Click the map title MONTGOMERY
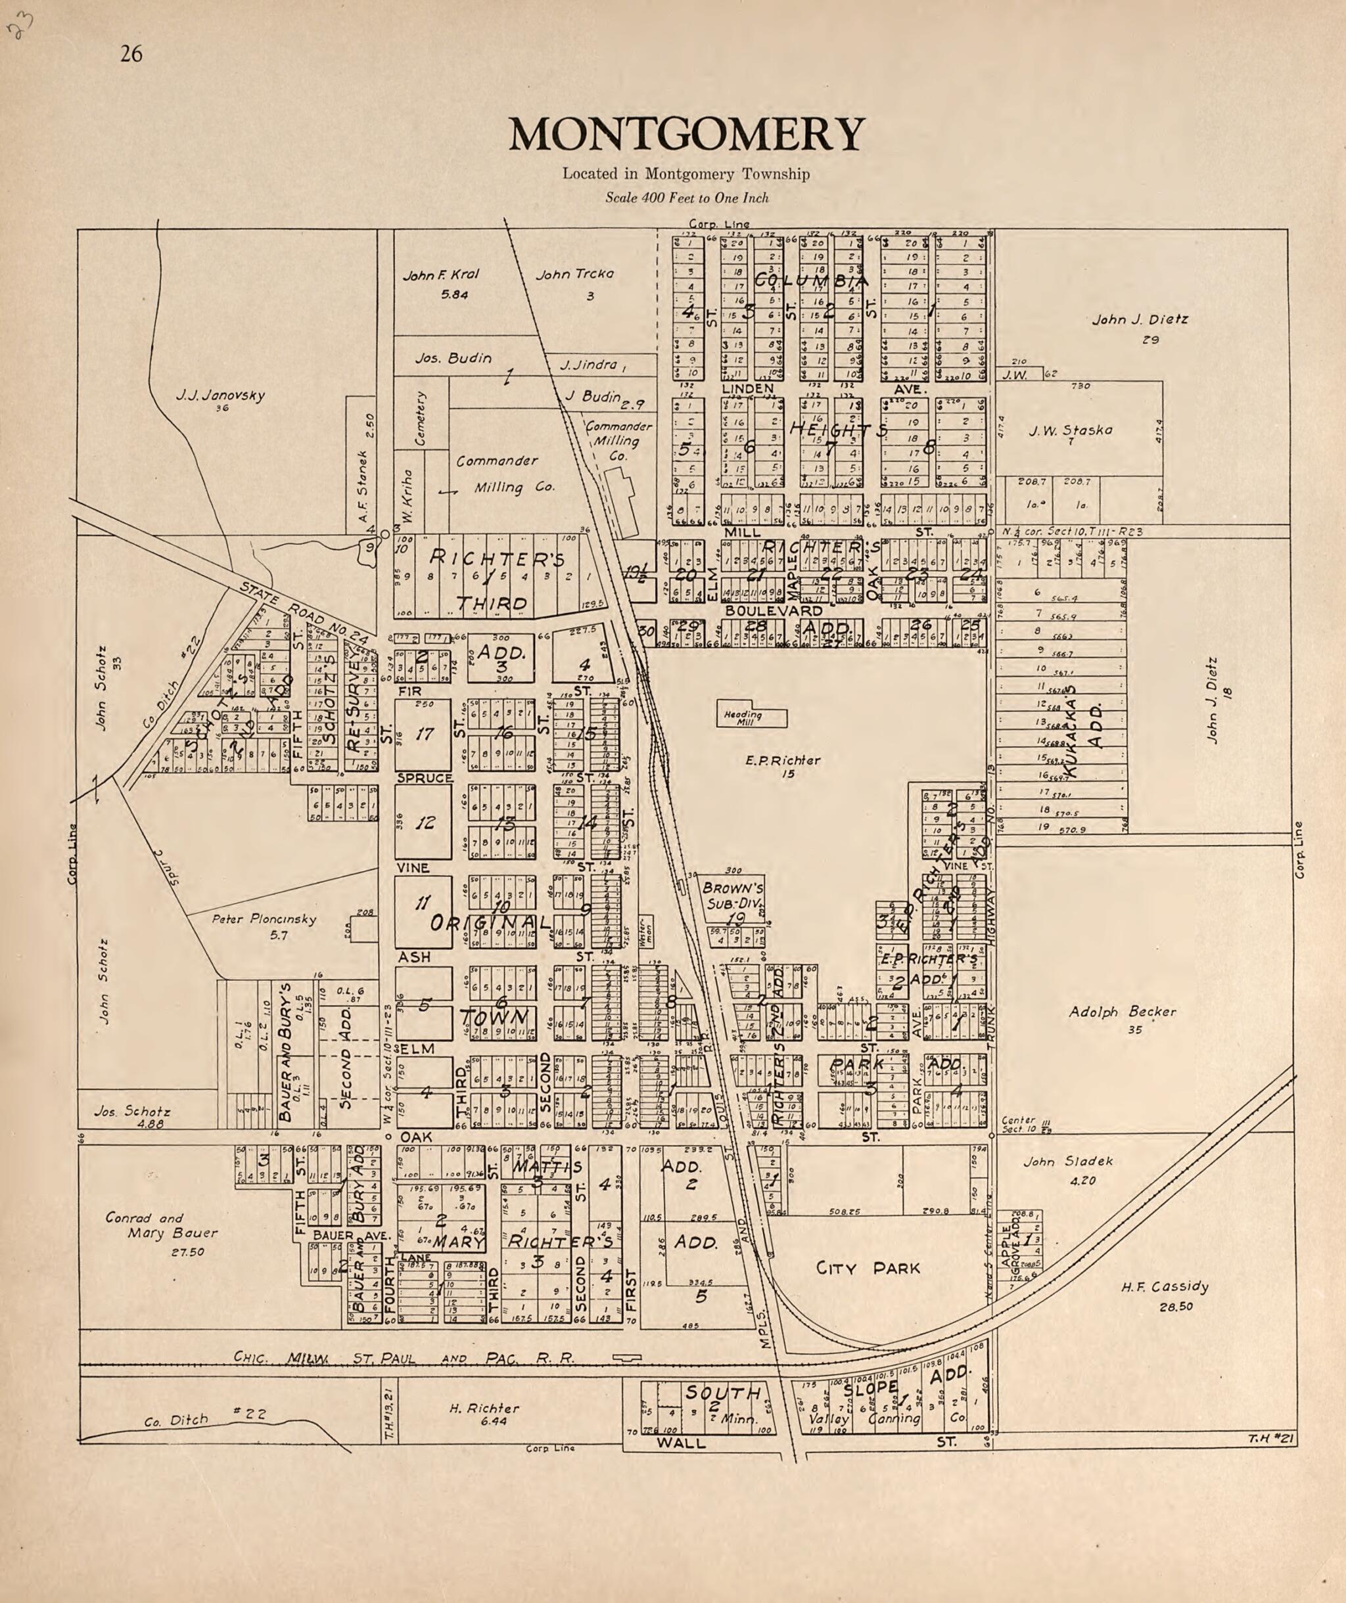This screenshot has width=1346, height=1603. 686,135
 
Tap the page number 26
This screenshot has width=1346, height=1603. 131,54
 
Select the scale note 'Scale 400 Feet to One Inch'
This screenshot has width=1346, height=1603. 686,198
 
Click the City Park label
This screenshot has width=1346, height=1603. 868,1269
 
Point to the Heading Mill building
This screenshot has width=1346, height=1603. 752,716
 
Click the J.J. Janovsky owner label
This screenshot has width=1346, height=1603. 220,395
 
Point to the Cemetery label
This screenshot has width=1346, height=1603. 419,419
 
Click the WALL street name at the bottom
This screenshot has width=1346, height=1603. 680,1443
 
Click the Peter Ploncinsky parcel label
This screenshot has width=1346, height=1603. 264,920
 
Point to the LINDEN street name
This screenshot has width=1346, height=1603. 747,390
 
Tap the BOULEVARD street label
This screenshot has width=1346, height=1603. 774,612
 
